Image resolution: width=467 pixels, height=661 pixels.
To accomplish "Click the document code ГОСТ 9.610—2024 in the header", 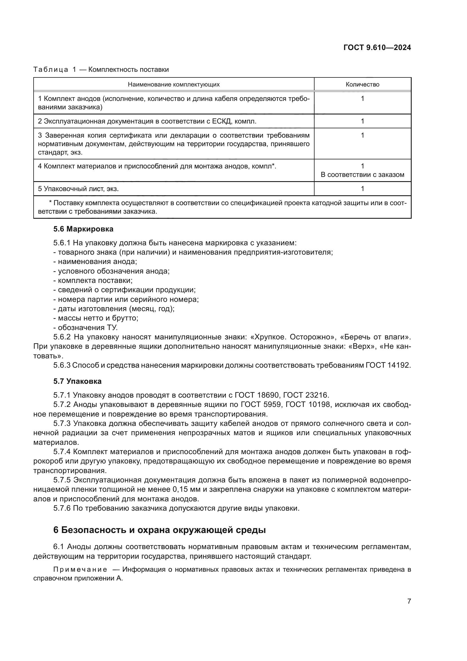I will (x=377, y=48).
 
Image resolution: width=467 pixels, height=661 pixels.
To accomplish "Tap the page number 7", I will (x=409, y=601).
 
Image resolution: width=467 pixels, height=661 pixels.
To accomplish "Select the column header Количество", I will (x=362, y=84).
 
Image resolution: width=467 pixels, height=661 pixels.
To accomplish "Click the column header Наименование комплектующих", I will (x=174, y=84).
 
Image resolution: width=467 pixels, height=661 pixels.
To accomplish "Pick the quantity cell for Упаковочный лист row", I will (x=362, y=188).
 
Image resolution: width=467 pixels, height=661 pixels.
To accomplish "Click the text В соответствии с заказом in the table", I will (x=362, y=175).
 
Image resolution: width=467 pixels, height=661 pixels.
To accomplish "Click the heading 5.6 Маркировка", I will (x=83, y=229).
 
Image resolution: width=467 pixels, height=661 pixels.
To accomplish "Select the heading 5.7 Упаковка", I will (x=77, y=381).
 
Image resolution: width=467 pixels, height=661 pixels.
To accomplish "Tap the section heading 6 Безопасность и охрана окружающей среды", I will (x=159, y=530).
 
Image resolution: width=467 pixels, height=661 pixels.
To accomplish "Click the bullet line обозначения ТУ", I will (x=86, y=328).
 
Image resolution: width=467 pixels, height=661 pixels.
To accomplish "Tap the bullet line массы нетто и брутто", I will (x=96, y=318).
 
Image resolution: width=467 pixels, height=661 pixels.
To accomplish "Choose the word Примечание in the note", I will (x=80, y=569).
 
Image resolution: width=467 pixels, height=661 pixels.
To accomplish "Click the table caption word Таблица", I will (x=51, y=70).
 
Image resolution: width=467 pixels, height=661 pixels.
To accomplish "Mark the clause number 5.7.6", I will (x=62, y=508).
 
